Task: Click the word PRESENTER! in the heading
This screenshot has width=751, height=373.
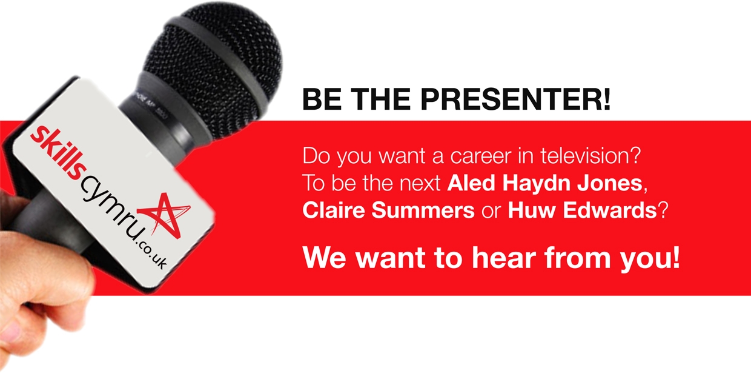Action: pos(515,99)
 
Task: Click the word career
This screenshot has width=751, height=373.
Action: pos(481,156)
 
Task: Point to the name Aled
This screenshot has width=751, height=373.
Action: pos(471,183)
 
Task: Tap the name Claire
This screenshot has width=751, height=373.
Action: pos(334,210)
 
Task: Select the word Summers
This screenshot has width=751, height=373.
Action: pos(423,211)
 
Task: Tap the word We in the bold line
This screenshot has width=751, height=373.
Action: pos(324,258)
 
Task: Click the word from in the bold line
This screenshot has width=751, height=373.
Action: pos(577,258)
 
